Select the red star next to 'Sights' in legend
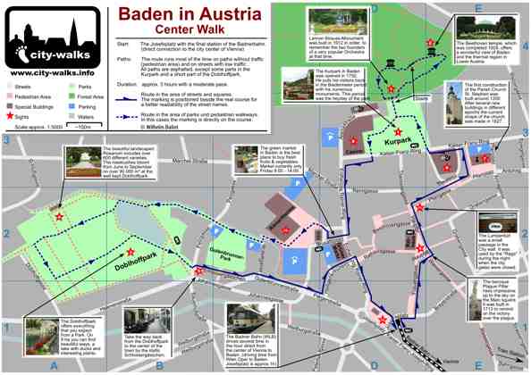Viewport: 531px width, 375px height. (x=10, y=115)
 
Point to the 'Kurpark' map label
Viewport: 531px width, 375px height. (x=375, y=140)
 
